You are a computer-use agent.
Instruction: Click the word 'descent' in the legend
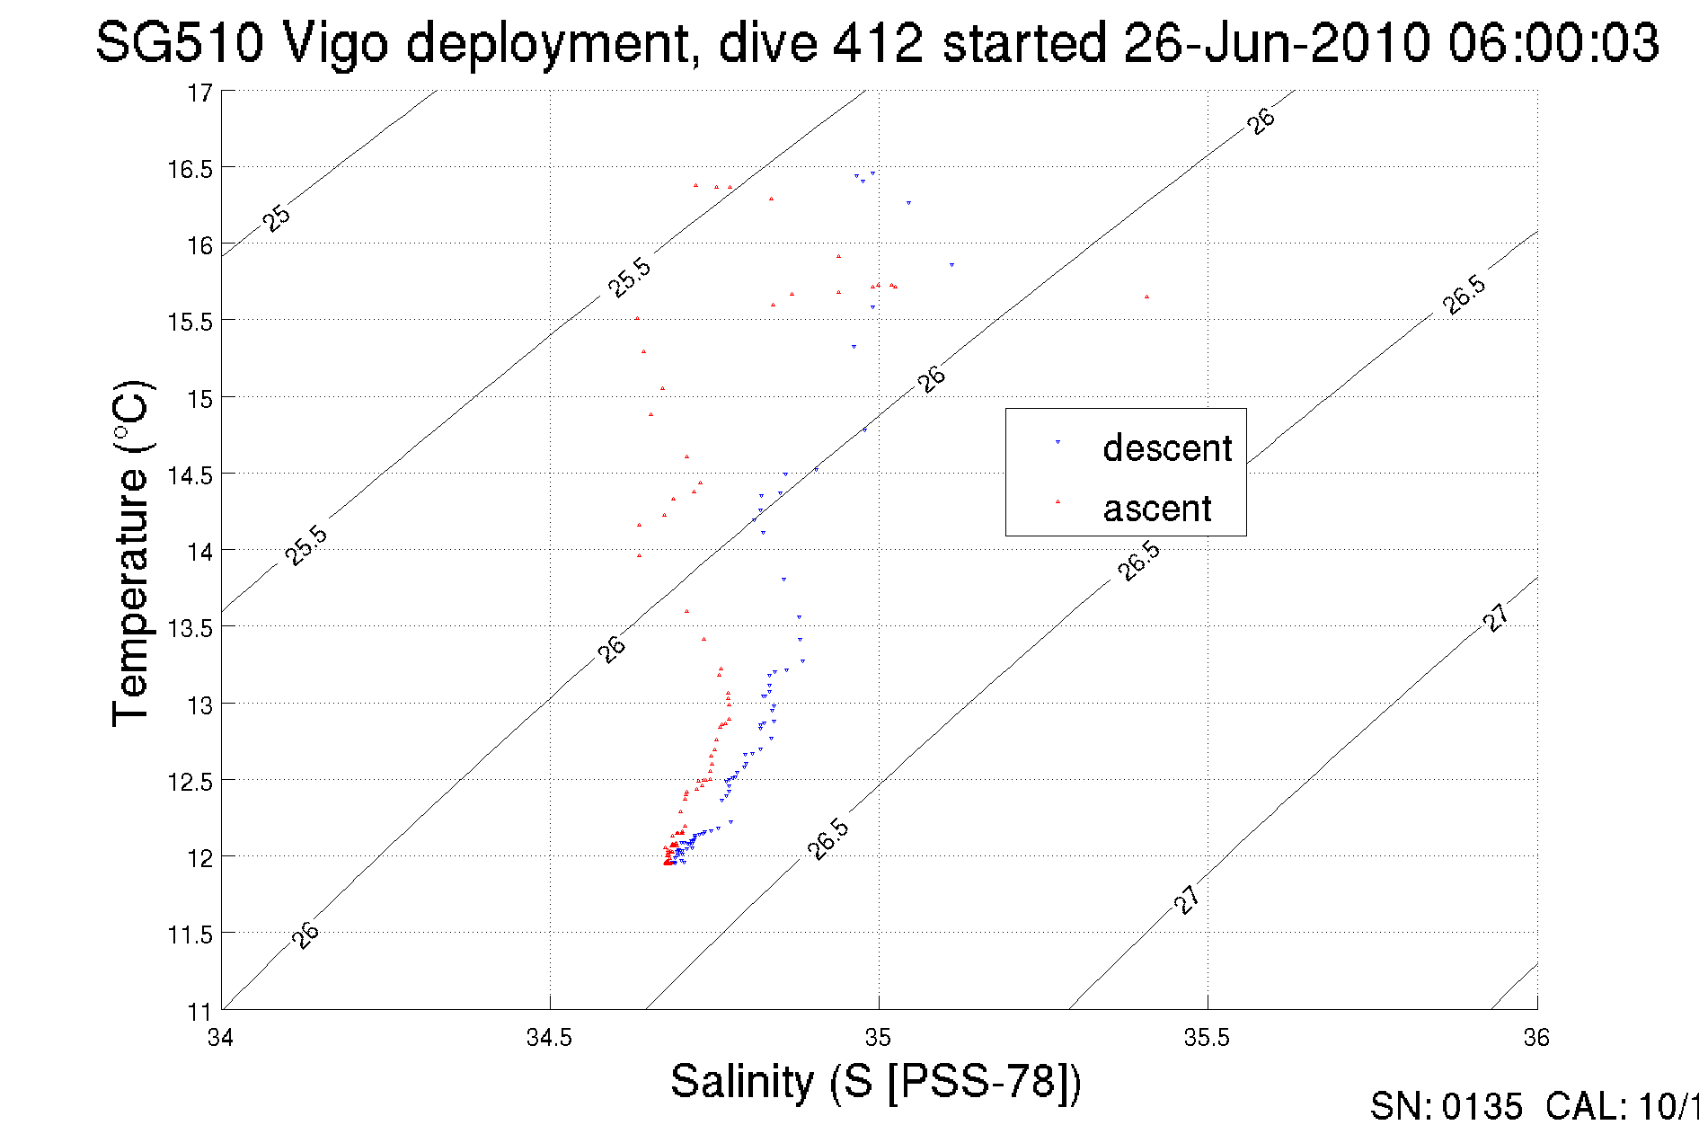coord(1167,447)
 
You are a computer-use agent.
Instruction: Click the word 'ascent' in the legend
coord(1157,509)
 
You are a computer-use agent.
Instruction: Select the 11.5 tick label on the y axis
coord(190,935)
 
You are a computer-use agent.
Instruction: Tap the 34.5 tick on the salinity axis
coord(549,1038)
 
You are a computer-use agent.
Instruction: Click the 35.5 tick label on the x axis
coord(1207,1038)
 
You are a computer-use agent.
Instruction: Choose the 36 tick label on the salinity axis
coord(1535,1038)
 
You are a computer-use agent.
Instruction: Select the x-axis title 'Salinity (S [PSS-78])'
coord(876,1081)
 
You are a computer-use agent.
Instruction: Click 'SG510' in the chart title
coord(180,43)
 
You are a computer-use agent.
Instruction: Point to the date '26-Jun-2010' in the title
coord(1277,43)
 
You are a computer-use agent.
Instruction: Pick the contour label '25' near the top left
coord(277,218)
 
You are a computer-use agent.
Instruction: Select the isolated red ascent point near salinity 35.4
coord(1146,297)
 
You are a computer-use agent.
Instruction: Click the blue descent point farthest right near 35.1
coord(951,265)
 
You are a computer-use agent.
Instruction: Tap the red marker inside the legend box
coord(1057,501)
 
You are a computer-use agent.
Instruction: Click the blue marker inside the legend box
coord(1057,442)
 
